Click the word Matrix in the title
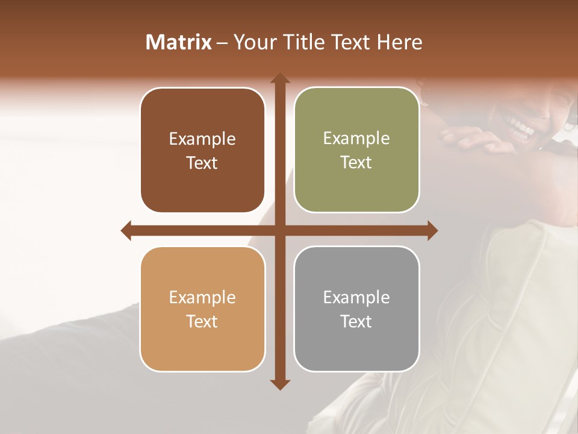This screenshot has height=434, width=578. coord(179,42)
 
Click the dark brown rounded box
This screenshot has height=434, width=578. coord(202,151)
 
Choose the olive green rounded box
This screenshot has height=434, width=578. coord(356,151)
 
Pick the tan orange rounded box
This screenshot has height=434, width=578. coord(202,309)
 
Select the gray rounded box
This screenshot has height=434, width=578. coord(356,309)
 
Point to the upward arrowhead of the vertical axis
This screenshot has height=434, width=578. coord(280,78)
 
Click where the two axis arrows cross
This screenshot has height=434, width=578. coord(280,230)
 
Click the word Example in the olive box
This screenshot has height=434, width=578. coord(356,139)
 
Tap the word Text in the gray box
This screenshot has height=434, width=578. coord(356,321)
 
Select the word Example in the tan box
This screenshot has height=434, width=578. coord(202,297)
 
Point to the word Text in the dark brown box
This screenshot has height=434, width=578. coord(202,163)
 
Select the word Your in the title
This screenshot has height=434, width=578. coord(253,42)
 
